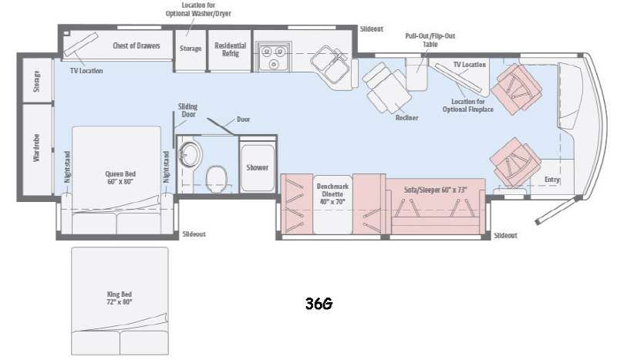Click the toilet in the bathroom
tap(217, 177)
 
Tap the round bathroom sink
tap(190, 154)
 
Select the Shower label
tap(258, 167)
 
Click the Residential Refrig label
tap(230, 49)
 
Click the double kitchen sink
tap(330, 64)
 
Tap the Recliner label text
tap(407, 118)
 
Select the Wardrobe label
tap(36, 148)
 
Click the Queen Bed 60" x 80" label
tap(120, 178)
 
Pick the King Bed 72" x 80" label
tap(120, 298)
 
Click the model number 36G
tap(319, 304)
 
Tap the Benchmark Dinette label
tap(332, 194)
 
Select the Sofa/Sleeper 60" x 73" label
tap(436, 190)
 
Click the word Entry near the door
tap(552, 180)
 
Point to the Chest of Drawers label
tap(137, 45)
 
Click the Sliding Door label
tap(187, 110)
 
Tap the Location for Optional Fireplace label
tap(468, 106)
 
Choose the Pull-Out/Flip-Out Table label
tap(430, 40)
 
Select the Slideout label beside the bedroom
tap(194, 234)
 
